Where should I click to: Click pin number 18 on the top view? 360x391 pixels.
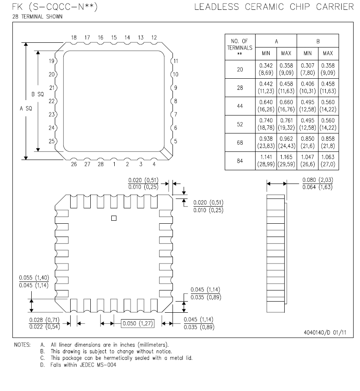click(x=74, y=38)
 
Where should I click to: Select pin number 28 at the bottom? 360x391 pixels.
click(x=101, y=164)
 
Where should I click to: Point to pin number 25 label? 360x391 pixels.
click(x=52, y=141)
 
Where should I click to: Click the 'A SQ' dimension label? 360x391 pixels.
click(x=26, y=109)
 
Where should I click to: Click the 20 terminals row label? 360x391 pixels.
click(x=240, y=69)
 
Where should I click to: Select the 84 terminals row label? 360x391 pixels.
click(x=240, y=161)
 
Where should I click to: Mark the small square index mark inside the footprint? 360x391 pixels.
click(x=113, y=218)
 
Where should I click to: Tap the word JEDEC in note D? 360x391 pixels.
click(x=94, y=364)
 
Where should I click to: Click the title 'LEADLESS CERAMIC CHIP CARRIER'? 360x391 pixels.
click(x=274, y=7)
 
